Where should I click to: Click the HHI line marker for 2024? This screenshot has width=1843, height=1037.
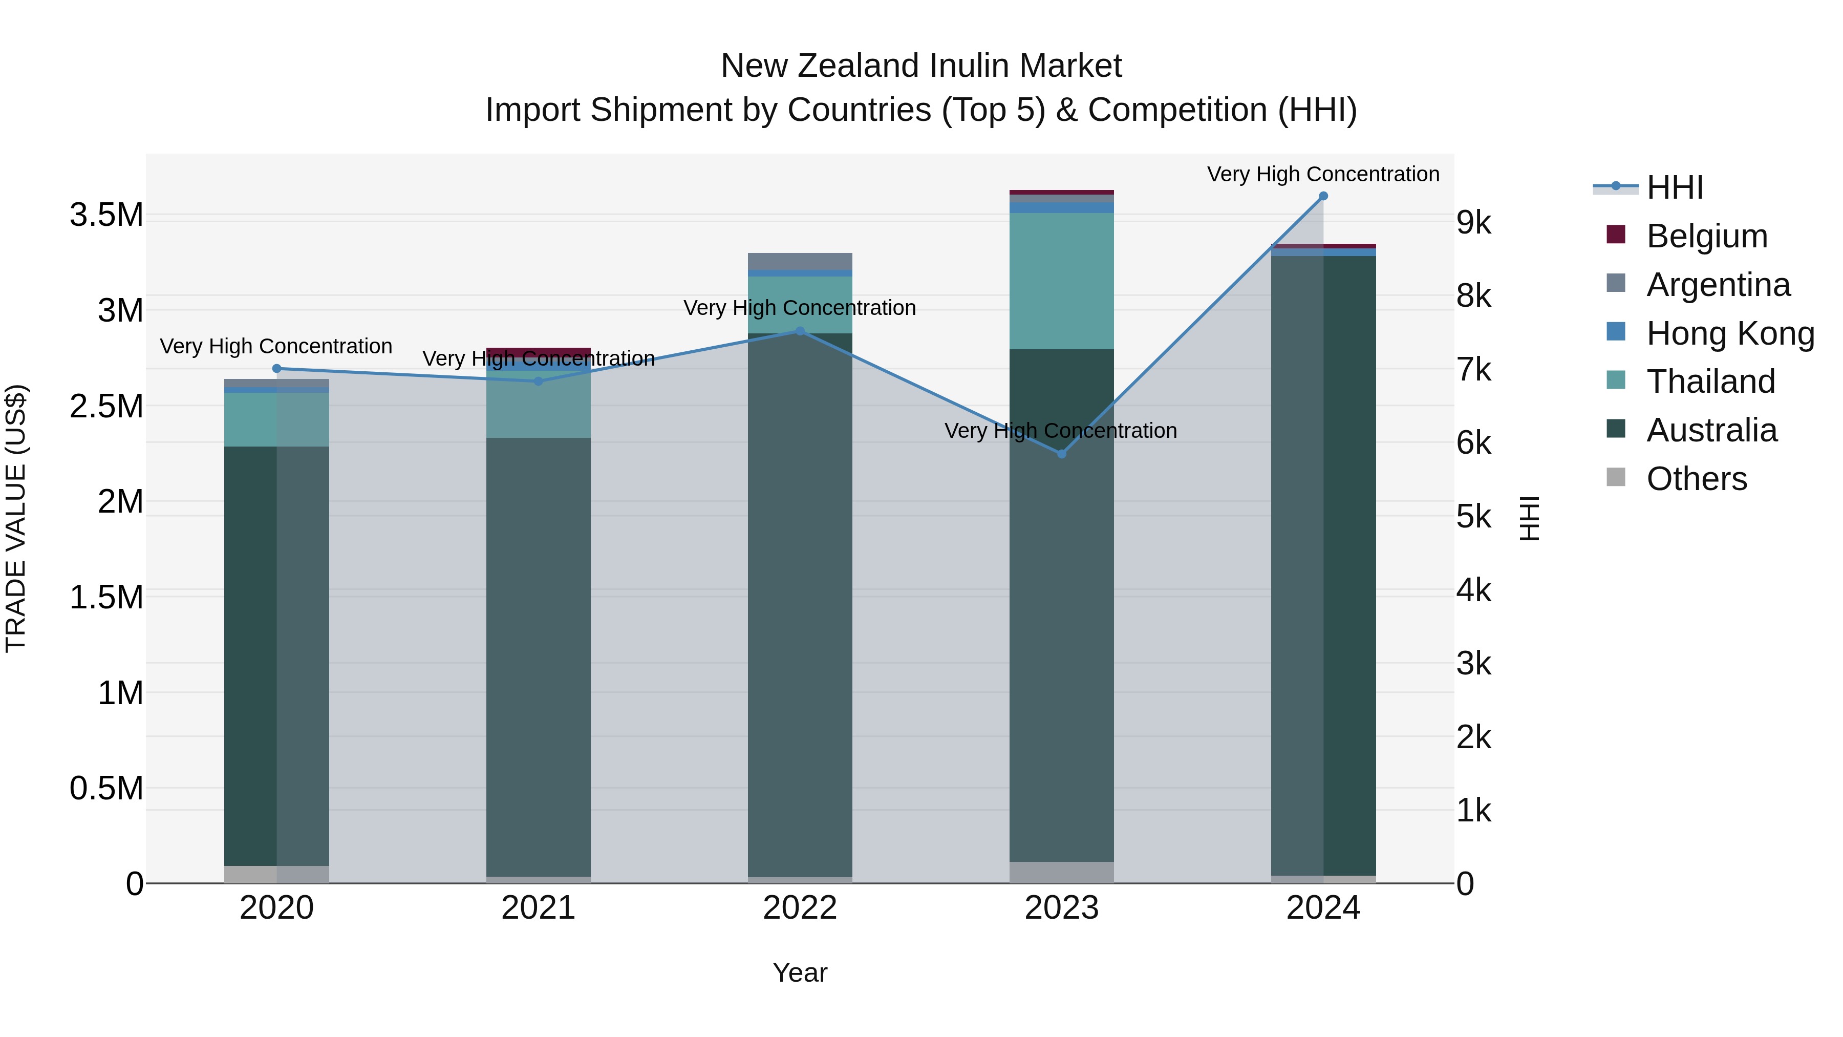coord(1323,196)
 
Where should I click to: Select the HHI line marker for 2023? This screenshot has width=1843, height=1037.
coord(1062,454)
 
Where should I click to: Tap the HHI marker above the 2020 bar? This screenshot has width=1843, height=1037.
coord(277,369)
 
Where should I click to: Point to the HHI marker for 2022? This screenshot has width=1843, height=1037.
coord(800,331)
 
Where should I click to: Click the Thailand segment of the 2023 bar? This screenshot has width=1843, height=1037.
coord(1062,281)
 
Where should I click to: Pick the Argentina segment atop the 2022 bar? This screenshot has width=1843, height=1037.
coord(800,261)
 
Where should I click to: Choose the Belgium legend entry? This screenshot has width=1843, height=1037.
coord(1706,236)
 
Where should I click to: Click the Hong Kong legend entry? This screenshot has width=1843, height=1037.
coord(1729,333)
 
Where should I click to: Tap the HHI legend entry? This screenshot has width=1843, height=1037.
coord(1674,187)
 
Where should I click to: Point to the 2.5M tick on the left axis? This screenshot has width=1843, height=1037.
coord(106,407)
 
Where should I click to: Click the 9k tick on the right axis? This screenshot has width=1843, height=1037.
coord(1474,223)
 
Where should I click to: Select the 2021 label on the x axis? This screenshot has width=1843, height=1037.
coord(538,908)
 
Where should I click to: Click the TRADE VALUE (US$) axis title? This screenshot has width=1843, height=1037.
coord(16,518)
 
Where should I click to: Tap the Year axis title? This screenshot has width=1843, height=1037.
coord(800,972)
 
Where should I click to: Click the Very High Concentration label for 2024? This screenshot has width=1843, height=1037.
coord(1323,174)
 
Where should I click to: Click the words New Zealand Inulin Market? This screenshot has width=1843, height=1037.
coord(921,66)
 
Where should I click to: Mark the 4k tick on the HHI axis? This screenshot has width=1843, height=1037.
coord(1474,590)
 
